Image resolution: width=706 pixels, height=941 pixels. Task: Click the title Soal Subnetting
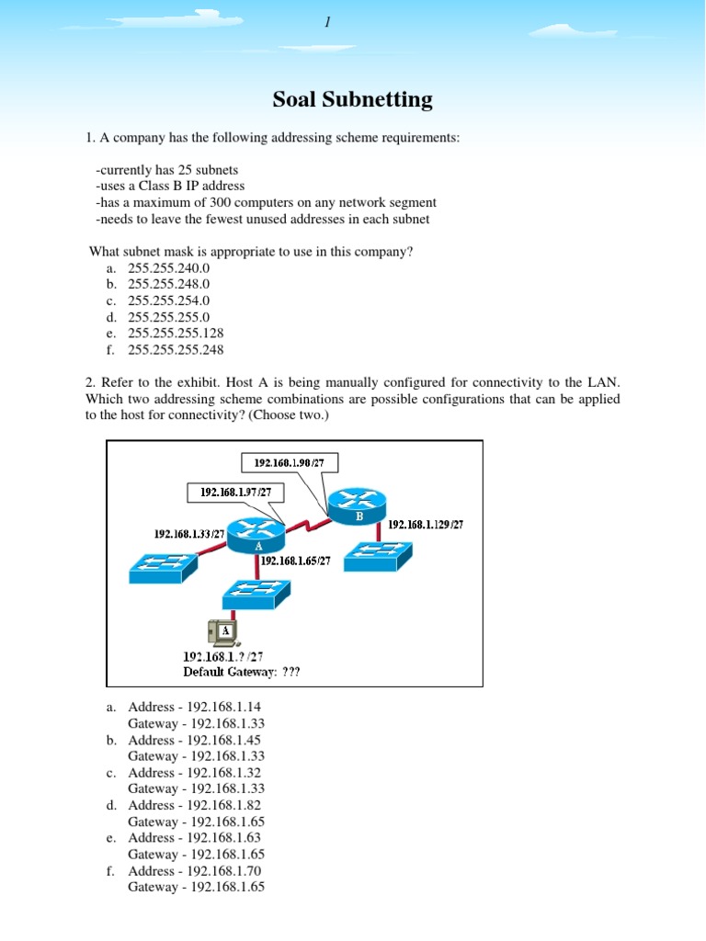[x=353, y=99]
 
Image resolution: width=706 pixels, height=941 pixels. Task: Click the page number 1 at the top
[x=326, y=22]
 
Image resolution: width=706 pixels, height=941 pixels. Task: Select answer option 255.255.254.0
[x=169, y=300]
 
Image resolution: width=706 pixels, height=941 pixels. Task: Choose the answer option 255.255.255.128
[x=176, y=333]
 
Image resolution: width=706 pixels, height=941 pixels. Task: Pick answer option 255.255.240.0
[x=169, y=267]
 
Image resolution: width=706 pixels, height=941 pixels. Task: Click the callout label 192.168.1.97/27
[x=235, y=493]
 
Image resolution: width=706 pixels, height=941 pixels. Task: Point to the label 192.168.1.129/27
[x=426, y=525]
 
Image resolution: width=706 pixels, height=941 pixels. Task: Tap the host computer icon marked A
[x=222, y=631]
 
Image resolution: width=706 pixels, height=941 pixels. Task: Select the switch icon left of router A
[x=162, y=566]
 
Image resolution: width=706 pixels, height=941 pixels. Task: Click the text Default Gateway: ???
[x=241, y=672]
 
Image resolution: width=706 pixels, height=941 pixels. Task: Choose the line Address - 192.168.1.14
[x=188, y=707]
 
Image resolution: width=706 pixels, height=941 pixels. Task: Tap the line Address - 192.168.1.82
[x=188, y=805]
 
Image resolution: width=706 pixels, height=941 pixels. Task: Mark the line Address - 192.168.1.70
[x=188, y=870]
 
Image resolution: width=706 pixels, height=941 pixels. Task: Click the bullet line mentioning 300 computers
[x=266, y=202]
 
